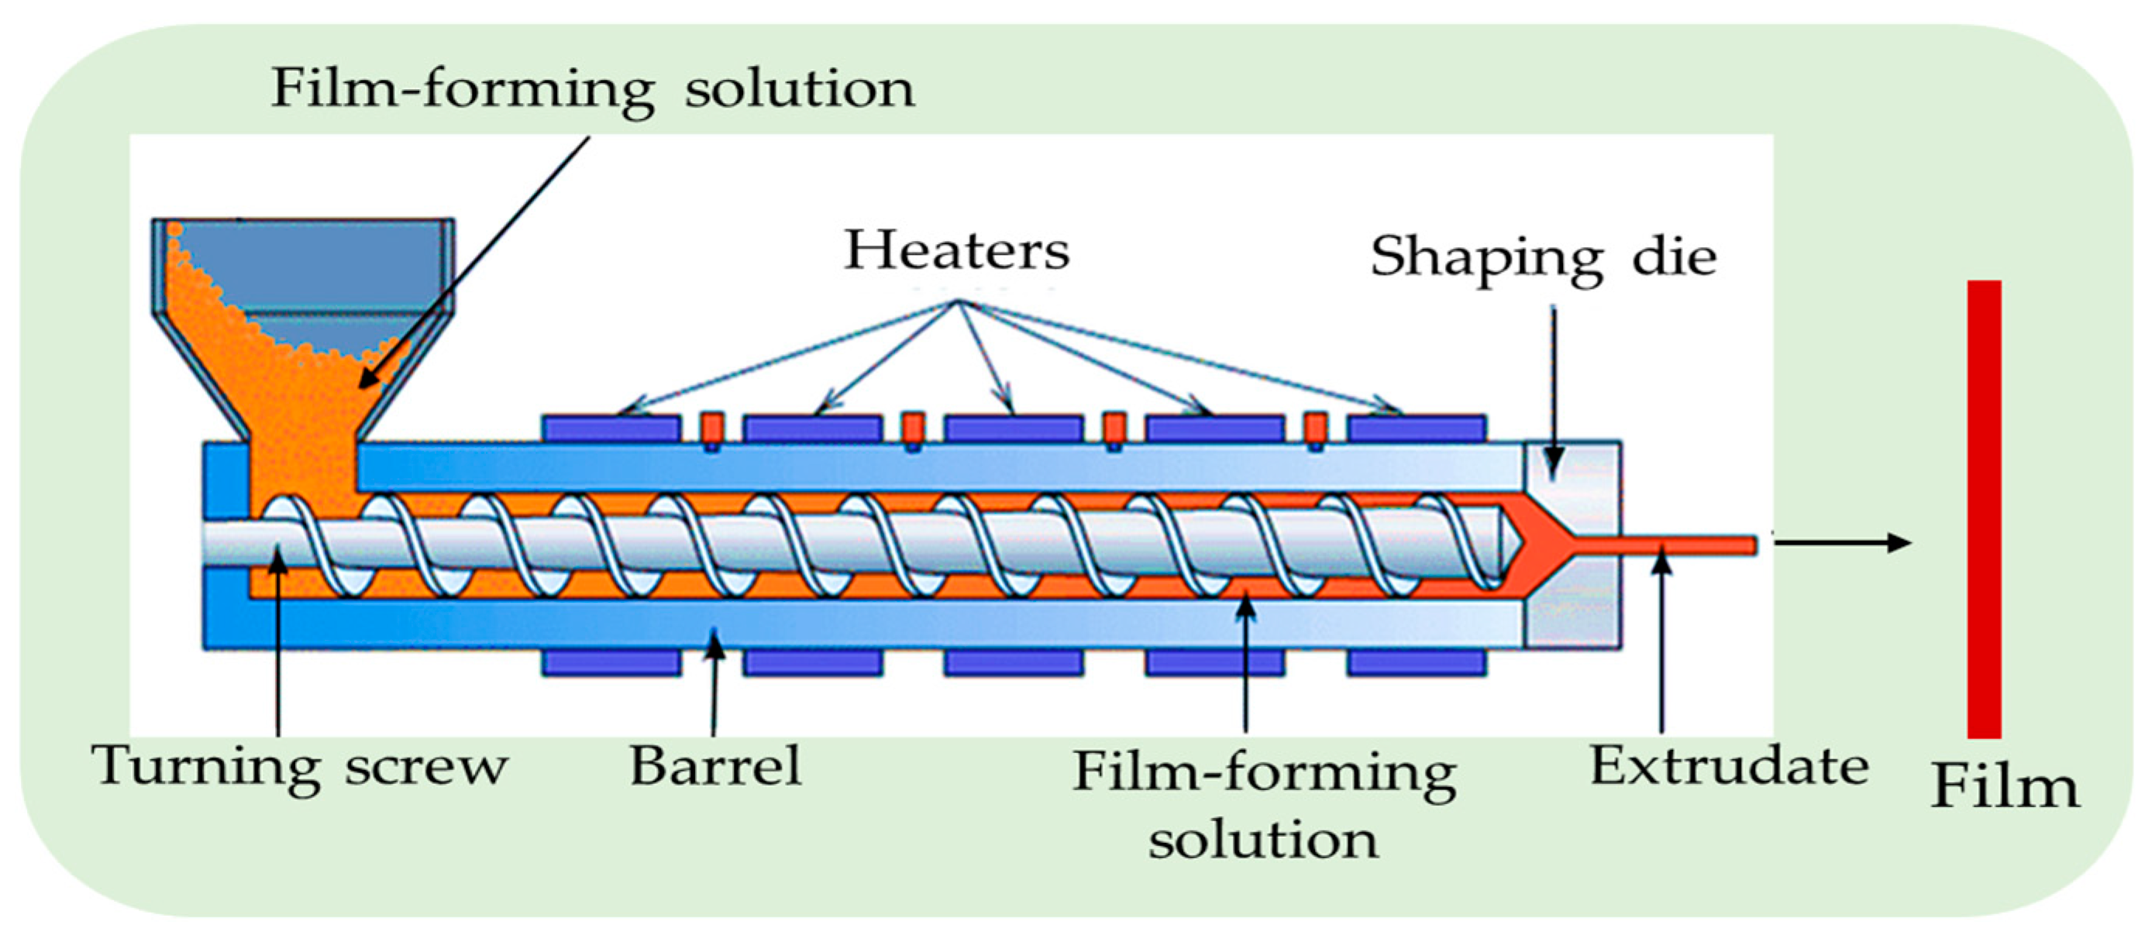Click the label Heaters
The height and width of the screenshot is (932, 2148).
click(x=956, y=250)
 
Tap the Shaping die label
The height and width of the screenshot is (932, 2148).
click(x=1543, y=256)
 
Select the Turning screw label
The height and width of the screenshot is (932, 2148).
click(x=299, y=766)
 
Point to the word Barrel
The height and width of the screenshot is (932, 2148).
click(x=715, y=766)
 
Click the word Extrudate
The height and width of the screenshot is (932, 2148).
click(x=1729, y=766)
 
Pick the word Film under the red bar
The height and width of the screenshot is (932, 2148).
click(x=2005, y=788)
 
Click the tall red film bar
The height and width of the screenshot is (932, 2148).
click(x=1984, y=508)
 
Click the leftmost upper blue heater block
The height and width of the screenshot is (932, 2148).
click(x=611, y=428)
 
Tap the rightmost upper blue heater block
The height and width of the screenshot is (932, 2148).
click(x=1417, y=428)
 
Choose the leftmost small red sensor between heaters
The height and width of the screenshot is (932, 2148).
click(x=711, y=428)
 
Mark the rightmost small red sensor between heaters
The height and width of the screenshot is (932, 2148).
click(x=1316, y=428)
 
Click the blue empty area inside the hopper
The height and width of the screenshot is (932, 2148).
click(x=333, y=267)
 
